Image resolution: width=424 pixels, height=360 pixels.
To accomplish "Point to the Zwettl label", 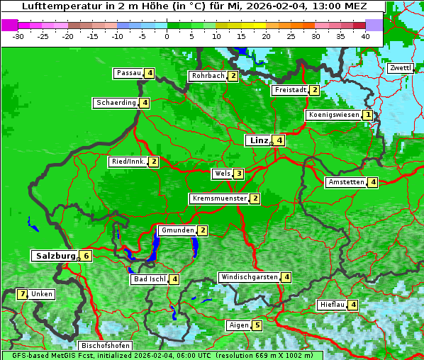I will pyautogui.click(x=401, y=68).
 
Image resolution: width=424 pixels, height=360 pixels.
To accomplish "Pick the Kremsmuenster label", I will pyautogui.click(x=219, y=198).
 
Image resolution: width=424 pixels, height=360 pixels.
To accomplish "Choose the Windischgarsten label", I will pyautogui.click(x=248, y=277).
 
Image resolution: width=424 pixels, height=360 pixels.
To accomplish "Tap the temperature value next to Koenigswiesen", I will pyautogui.click(x=367, y=115).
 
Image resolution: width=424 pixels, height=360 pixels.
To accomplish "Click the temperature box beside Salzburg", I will pyautogui.click(x=86, y=256).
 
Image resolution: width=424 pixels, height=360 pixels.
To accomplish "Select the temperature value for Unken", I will pyautogui.click(x=23, y=294).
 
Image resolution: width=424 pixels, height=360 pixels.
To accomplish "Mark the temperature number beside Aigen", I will pyautogui.click(x=257, y=326).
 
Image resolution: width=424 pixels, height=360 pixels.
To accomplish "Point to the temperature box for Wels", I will pyautogui.click(x=239, y=174).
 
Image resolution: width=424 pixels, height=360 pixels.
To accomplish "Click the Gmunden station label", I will pyautogui.click(x=177, y=230).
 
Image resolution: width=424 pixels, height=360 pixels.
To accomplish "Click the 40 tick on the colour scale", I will pyautogui.click(x=365, y=36).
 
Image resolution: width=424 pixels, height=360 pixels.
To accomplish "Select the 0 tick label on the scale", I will pyautogui.click(x=167, y=36).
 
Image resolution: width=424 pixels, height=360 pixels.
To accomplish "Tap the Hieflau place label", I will pyautogui.click(x=332, y=305).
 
